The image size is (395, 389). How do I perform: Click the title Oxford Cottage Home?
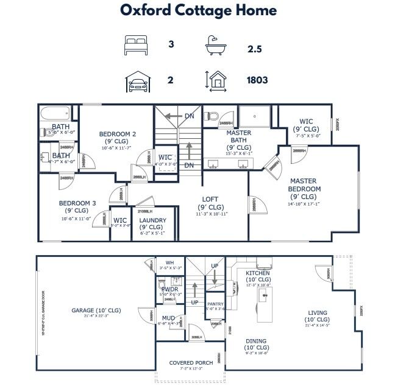click(198, 10)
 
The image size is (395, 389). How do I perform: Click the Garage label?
click(96, 310)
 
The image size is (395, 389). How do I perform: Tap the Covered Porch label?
click(191, 363)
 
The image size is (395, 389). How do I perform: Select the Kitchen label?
click(257, 273)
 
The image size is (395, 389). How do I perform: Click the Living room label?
click(318, 314)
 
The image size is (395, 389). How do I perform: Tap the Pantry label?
click(216, 304)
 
